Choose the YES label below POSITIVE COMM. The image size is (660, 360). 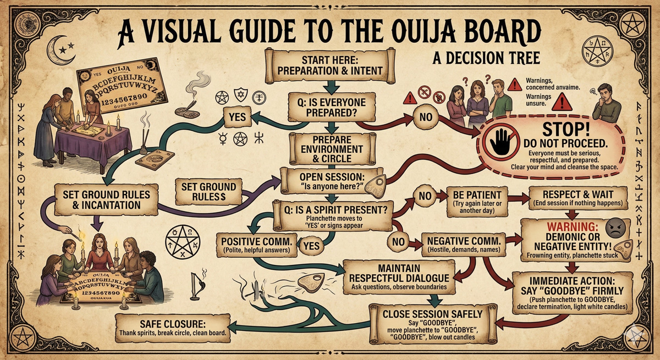311,246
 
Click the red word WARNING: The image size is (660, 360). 569,226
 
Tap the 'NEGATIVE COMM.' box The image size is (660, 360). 464,245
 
